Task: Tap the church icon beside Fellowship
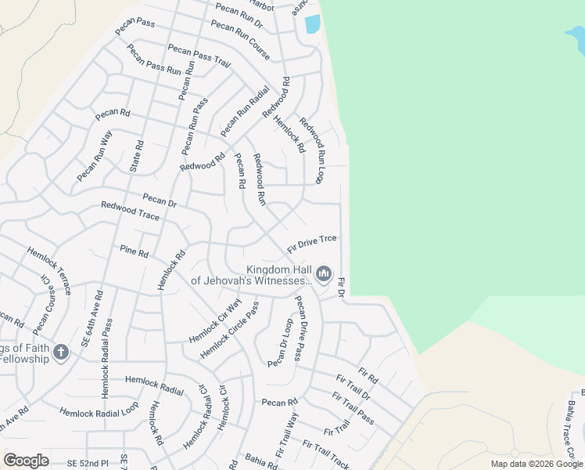[61, 352]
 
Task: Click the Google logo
[26, 461]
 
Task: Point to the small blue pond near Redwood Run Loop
[312, 23]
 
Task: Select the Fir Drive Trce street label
[312, 242]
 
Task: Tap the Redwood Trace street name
[130, 211]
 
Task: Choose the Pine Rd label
[134, 252]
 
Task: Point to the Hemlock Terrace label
[49, 270]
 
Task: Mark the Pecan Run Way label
[95, 157]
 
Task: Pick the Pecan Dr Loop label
[279, 343]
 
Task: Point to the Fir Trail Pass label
[353, 408]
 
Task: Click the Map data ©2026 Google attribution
[537, 464]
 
